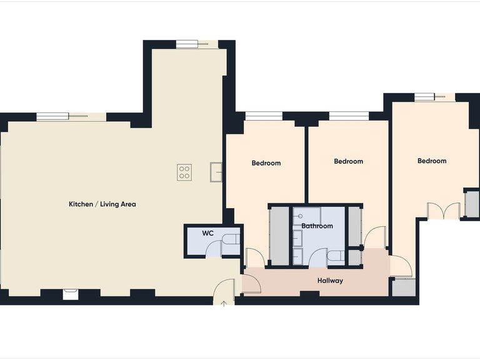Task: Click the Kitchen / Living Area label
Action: (x=102, y=204)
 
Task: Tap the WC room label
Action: (x=208, y=233)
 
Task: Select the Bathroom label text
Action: (x=317, y=226)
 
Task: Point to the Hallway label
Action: (x=329, y=281)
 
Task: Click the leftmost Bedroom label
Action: (x=266, y=163)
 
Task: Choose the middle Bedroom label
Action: (x=348, y=161)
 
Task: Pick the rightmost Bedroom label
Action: (x=432, y=161)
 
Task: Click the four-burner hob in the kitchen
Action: (x=184, y=172)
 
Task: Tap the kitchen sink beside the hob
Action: (x=216, y=171)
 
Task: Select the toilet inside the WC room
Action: (x=231, y=241)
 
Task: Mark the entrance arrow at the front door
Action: (x=224, y=302)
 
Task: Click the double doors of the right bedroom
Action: (x=444, y=211)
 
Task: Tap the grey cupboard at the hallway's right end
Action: (x=403, y=287)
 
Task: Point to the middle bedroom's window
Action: (x=348, y=115)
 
